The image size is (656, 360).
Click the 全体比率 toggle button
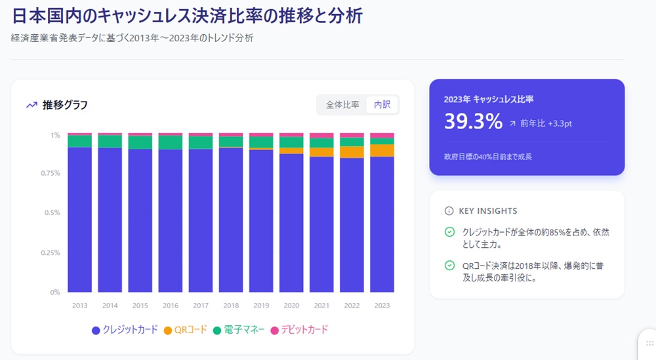[x=342, y=105]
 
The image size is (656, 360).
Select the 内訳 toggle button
[x=382, y=105]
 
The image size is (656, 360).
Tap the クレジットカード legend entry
[x=125, y=330]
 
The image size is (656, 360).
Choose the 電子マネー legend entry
[x=240, y=330]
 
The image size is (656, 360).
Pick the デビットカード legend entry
[x=299, y=330]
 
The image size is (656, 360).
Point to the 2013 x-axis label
[x=79, y=306]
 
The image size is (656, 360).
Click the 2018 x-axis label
[x=231, y=306]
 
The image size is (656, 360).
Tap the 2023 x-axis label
[x=382, y=306]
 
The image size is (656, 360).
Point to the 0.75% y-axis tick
[x=51, y=174]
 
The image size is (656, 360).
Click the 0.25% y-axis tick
[x=51, y=252]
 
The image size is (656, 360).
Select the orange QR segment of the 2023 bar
[x=382, y=150]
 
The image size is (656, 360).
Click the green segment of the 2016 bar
[x=171, y=142]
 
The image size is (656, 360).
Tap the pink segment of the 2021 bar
[x=321, y=136]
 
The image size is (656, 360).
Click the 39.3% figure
[x=473, y=122]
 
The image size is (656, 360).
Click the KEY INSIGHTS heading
[x=487, y=211]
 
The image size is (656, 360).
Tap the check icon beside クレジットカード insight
[x=449, y=232]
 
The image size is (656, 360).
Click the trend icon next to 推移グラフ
[x=31, y=105]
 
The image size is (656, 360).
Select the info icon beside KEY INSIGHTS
[x=449, y=211]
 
